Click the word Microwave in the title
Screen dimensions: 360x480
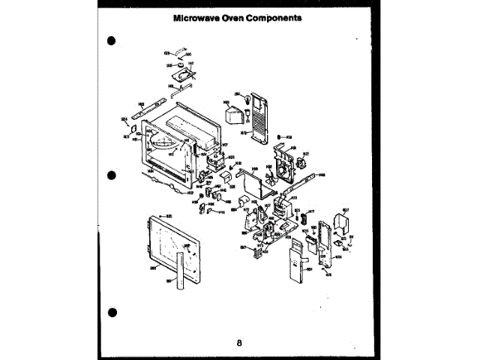(x=197, y=16)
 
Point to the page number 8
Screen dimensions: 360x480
(x=239, y=343)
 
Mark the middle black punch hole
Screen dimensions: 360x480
(x=111, y=175)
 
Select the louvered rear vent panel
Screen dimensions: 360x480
(x=258, y=116)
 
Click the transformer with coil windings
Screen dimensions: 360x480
(x=284, y=206)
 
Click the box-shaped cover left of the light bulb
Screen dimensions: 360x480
(x=235, y=115)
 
